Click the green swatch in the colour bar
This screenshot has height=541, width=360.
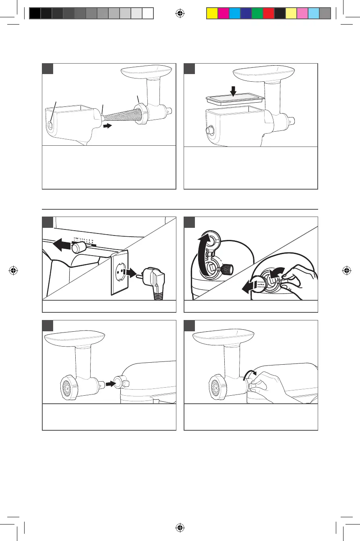click(x=257, y=14)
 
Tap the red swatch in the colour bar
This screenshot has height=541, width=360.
click(x=268, y=14)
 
